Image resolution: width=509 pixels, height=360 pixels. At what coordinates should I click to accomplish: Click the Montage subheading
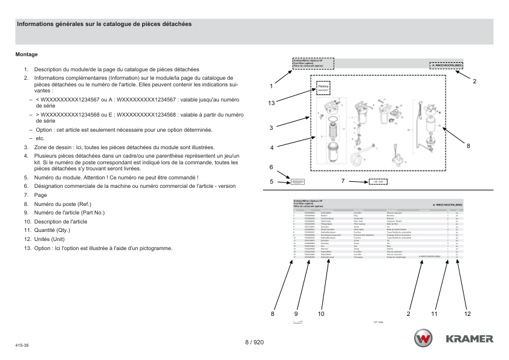(x=27, y=54)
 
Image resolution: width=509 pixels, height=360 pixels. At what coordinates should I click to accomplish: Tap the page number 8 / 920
(x=254, y=342)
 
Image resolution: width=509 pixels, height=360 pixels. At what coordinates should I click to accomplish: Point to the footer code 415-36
(x=22, y=346)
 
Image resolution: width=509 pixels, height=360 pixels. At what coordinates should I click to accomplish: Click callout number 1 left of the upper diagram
(x=271, y=86)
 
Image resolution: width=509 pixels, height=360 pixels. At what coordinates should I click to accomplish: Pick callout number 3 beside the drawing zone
(x=271, y=127)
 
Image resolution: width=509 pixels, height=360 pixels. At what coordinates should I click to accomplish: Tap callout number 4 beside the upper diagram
(x=271, y=147)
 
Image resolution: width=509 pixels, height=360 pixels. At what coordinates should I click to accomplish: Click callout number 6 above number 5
(x=271, y=167)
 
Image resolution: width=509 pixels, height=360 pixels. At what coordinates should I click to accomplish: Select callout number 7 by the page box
(x=343, y=181)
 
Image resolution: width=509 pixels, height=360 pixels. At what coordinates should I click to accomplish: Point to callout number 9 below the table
(x=296, y=313)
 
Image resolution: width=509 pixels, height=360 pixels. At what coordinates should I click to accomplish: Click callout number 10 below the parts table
(x=321, y=313)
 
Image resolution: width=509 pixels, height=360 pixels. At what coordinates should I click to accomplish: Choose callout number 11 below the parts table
(x=434, y=313)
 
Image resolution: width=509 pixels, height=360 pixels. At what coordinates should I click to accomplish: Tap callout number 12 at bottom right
(x=467, y=313)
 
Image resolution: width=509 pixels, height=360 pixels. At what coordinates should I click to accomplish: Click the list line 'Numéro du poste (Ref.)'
(x=62, y=204)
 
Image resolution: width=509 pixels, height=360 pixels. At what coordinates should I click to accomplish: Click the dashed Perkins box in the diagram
(x=323, y=88)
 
